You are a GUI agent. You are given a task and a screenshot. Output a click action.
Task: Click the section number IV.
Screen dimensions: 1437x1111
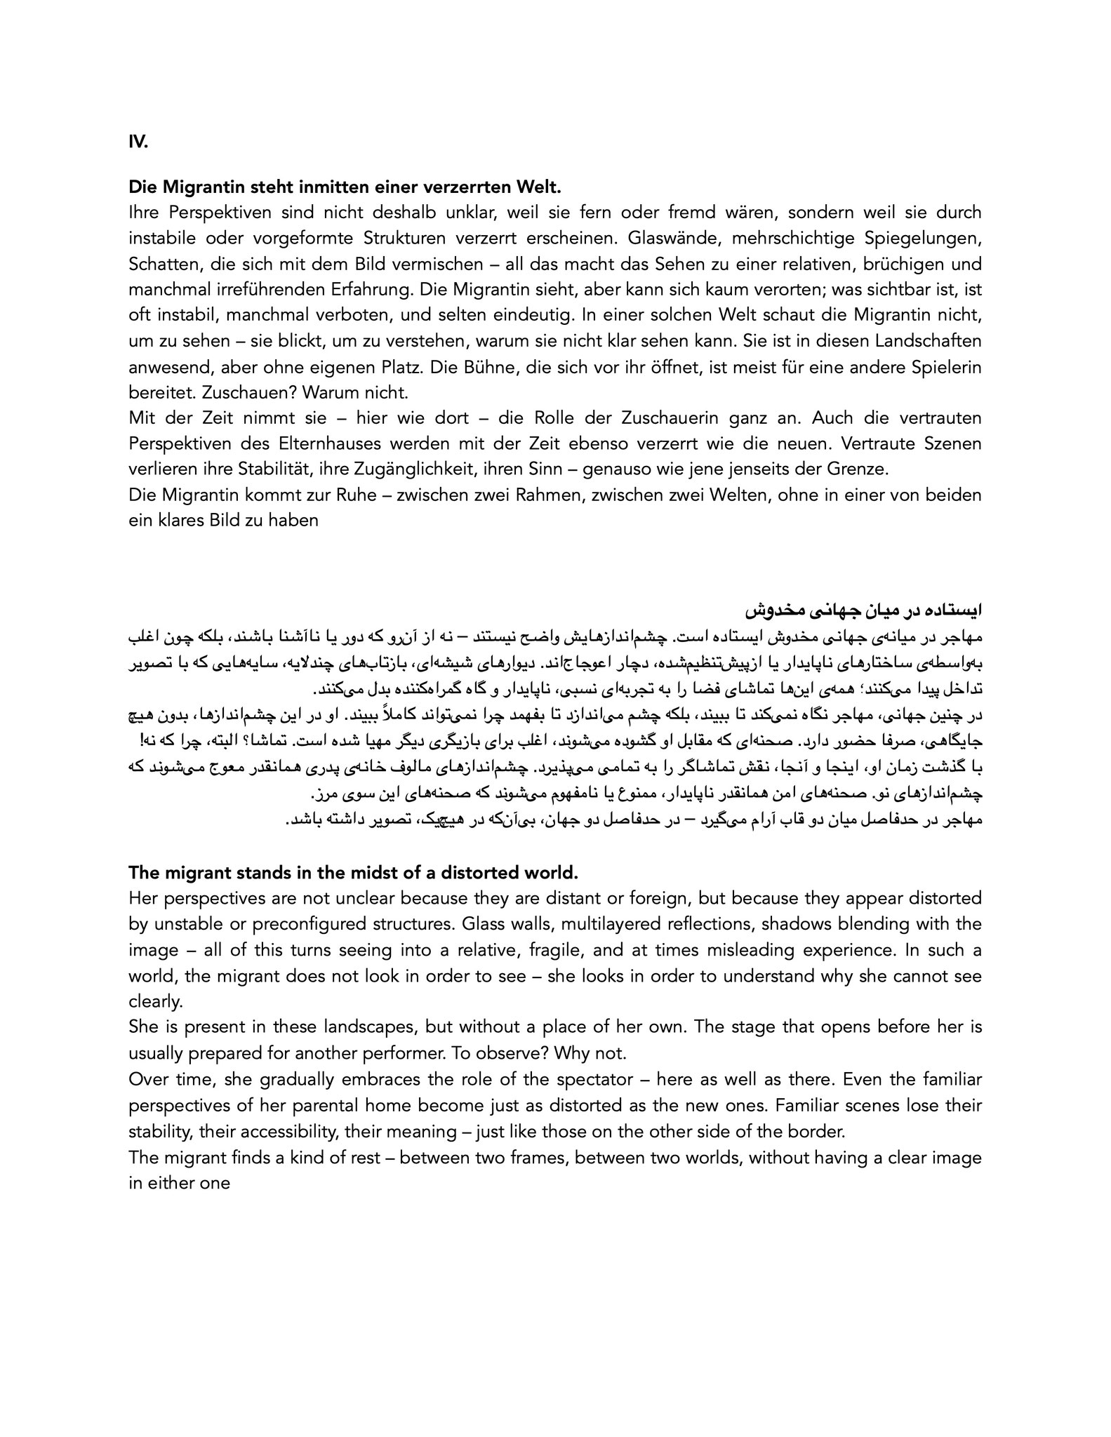point(138,142)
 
